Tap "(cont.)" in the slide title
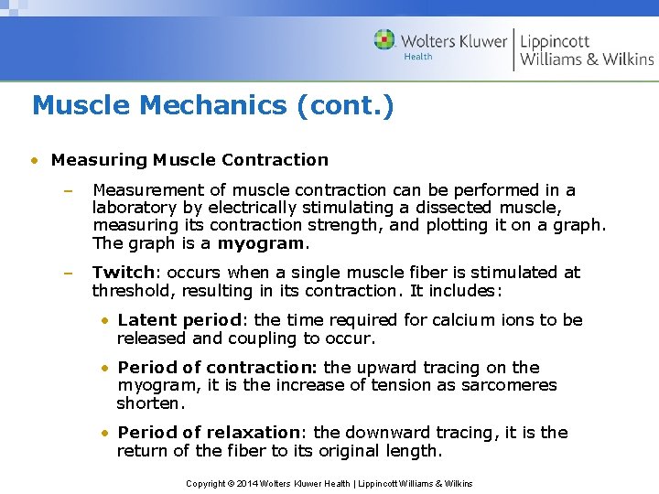[x=345, y=105]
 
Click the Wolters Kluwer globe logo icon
[x=384, y=40]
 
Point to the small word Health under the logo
[x=417, y=57]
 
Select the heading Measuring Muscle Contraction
[x=189, y=159]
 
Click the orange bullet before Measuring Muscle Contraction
[x=34, y=160]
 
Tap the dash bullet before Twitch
[x=67, y=273]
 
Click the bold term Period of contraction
[x=218, y=368]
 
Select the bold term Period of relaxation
[x=209, y=432]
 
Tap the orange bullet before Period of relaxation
[x=107, y=433]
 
